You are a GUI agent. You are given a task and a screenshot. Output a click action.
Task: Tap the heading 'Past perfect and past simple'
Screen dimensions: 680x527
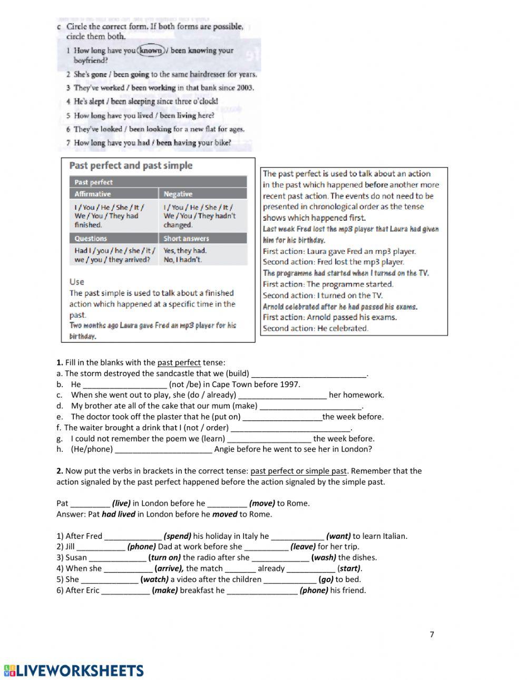click(131, 165)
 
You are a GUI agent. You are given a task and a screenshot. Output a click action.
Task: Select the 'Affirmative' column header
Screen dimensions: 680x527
click(93, 194)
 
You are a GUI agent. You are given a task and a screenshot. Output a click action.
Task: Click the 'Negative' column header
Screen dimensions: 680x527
click(178, 194)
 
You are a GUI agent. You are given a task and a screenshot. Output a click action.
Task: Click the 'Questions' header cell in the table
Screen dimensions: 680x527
click(91, 239)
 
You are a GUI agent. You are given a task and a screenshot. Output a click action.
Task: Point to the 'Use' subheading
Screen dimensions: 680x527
click(76, 282)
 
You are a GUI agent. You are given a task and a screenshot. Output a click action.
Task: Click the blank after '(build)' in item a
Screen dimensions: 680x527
click(309, 373)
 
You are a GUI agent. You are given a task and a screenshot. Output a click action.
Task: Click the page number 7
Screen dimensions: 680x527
click(432, 634)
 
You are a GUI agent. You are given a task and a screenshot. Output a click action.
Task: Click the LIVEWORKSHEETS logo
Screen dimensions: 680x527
click(74, 670)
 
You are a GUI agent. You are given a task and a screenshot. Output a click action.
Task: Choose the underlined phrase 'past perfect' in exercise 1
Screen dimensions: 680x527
click(179, 362)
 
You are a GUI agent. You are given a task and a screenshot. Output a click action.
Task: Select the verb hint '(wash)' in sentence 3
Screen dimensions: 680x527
click(324, 558)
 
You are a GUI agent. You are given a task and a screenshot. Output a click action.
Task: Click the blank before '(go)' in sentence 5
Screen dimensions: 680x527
click(290, 579)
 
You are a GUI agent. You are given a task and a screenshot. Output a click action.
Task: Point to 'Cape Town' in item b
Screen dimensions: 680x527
click(229, 385)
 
